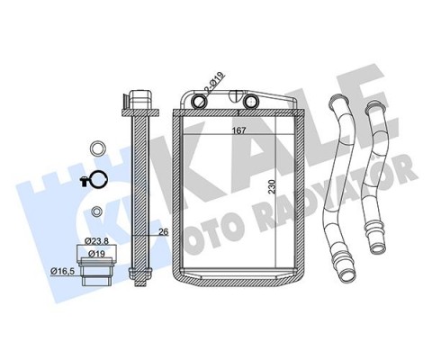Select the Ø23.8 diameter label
tap(97, 241)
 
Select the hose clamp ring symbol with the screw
tap(94, 180)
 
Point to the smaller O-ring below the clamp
tap(94, 212)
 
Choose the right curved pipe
tap(372, 175)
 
